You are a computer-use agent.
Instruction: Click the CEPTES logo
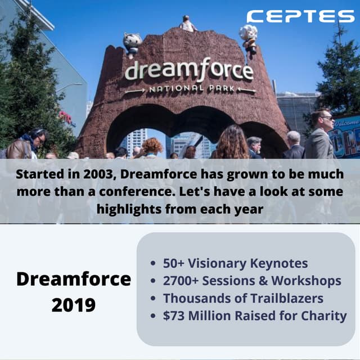point(300,16)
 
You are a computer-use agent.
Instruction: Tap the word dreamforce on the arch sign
point(188,71)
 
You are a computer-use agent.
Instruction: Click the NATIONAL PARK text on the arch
point(190,89)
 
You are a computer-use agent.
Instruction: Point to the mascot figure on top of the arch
point(188,24)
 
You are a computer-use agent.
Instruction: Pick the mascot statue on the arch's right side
point(248,37)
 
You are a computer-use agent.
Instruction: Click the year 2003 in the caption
point(88,174)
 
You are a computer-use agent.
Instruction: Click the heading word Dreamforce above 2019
point(74,279)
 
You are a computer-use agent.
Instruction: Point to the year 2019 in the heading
point(74,305)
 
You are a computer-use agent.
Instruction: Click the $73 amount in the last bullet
point(173,316)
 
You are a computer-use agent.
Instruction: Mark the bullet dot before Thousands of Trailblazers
point(154,299)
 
